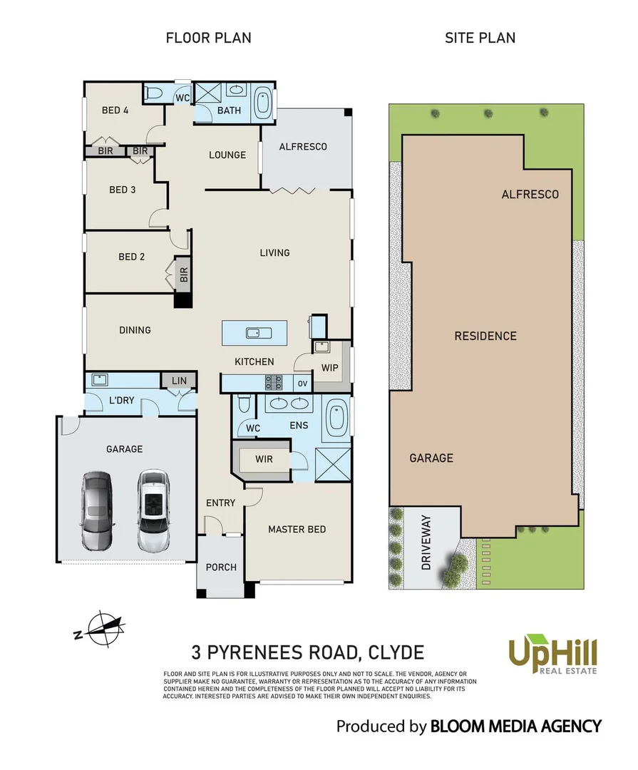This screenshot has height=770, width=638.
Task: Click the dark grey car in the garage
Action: [96, 510]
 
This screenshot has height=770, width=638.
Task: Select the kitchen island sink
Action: [254, 332]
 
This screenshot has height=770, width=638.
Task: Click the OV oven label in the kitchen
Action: [302, 384]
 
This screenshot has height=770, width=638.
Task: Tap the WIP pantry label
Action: [330, 369]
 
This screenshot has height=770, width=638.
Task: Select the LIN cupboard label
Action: [179, 381]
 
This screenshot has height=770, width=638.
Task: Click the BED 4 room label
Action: [115, 111]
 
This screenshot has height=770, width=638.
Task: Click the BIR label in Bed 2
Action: [183, 274]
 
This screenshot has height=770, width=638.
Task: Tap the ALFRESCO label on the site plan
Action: [530, 194]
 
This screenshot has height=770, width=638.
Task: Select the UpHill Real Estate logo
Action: [552, 654]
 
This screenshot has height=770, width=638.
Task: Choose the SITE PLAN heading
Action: [480, 38]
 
